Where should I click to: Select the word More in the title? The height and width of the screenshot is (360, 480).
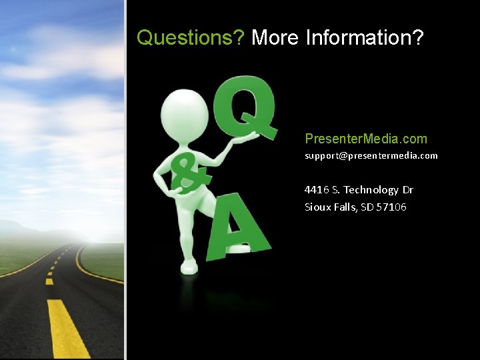pos(275,38)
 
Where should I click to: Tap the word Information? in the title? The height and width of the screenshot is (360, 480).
pos(365,38)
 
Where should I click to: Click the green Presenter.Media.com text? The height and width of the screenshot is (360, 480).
pos(365,139)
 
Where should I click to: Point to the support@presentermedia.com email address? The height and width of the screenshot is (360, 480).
pos(371,155)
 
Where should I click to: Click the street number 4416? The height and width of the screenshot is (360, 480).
pos(316,190)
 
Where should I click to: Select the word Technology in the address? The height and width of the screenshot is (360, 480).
pos(371,190)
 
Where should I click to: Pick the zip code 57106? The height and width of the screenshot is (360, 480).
pos(392,207)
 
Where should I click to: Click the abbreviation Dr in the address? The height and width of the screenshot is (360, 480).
pos(407,190)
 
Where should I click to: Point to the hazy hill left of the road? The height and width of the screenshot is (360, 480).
pos(27,230)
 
